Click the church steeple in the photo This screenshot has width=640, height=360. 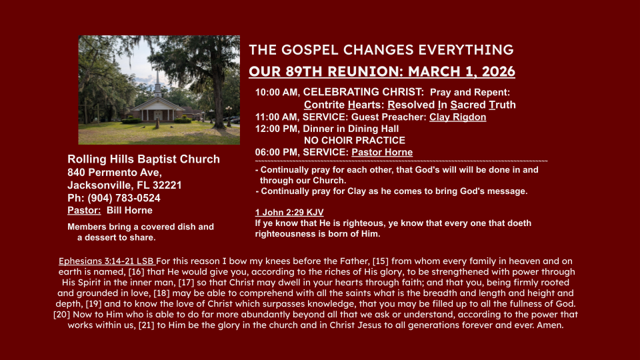[x=157, y=84]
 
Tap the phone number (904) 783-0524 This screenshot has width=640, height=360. [x=124, y=199]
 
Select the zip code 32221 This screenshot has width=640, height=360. [x=167, y=185]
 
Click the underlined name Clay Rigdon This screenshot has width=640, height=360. [x=457, y=117]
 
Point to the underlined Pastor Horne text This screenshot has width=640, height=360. [x=382, y=152]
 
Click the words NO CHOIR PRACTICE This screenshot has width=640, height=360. [x=354, y=141]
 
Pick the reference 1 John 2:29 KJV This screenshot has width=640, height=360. [x=289, y=212]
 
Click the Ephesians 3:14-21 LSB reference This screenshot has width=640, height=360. [x=106, y=261]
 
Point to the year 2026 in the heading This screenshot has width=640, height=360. [x=499, y=71]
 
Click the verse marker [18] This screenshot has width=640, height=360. [x=161, y=293]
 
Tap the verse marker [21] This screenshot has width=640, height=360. [x=147, y=325]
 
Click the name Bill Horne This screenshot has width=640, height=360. [x=129, y=211]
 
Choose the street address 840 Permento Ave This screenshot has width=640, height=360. [x=114, y=173]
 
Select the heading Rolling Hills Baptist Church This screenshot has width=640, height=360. [x=144, y=159]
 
